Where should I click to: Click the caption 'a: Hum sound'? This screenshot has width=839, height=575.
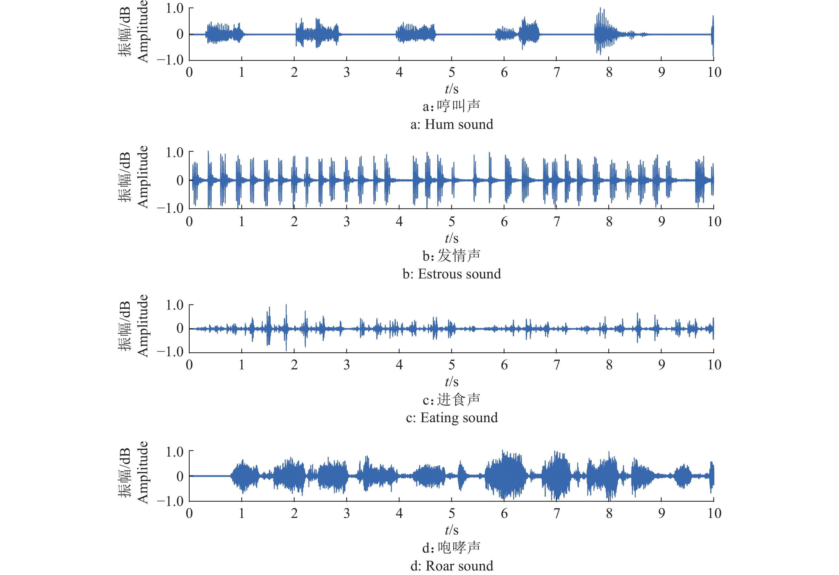point(452,124)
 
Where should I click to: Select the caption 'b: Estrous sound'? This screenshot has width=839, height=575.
point(452,274)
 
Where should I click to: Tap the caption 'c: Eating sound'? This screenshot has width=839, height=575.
point(452,418)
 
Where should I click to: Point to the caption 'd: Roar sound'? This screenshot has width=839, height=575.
point(452,566)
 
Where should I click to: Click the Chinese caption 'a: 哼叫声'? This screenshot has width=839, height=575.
point(452,106)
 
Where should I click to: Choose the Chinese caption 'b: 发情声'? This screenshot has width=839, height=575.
point(452,256)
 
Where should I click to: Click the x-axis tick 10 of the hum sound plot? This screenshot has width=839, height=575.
point(714,72)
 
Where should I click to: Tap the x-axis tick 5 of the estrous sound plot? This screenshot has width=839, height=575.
point(452,222)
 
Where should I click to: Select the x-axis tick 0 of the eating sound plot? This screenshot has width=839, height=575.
point(189,365)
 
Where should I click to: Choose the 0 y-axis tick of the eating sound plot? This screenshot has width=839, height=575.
point(180,329)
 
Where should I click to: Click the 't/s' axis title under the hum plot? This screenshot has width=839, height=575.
point(452,89)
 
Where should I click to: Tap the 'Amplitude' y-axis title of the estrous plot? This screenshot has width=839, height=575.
point(142,177)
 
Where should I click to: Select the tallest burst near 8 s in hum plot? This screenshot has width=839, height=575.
point(600,31)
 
